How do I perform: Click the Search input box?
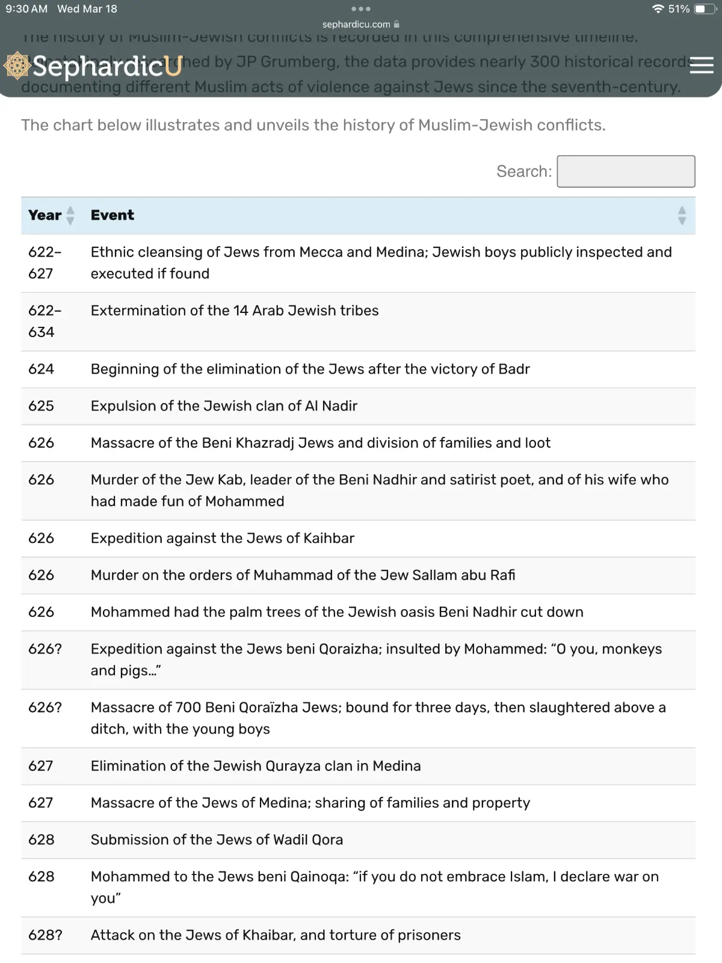pos(626,172)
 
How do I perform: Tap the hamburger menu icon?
pos(701,65)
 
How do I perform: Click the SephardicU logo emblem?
pos(17,66)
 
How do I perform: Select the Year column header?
pos(45,215)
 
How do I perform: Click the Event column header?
pos(113,215)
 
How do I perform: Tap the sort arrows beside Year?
pos(70,215)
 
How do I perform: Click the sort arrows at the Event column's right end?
pos(682,215)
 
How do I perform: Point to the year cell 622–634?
pos(45,321)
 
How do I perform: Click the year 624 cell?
pos(41,369)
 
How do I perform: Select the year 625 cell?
pos(41,406)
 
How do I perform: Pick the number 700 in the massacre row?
pos(188,707)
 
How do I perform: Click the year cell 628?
pos(45,935)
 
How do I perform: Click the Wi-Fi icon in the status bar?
pos(658,9)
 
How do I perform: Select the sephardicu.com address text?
pos(356,25)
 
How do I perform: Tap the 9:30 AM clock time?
pos(26,9)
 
